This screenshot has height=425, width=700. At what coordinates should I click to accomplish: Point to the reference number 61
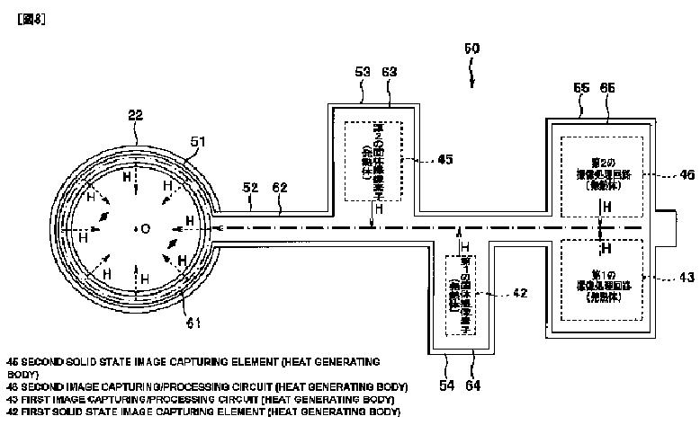[193, 322]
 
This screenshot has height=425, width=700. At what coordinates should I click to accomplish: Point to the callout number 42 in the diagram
[494, 292]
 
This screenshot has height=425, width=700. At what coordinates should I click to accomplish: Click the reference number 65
[580, 89]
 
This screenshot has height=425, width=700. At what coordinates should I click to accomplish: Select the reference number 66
[607, 89]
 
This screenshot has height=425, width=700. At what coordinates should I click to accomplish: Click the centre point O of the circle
[144, 228]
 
